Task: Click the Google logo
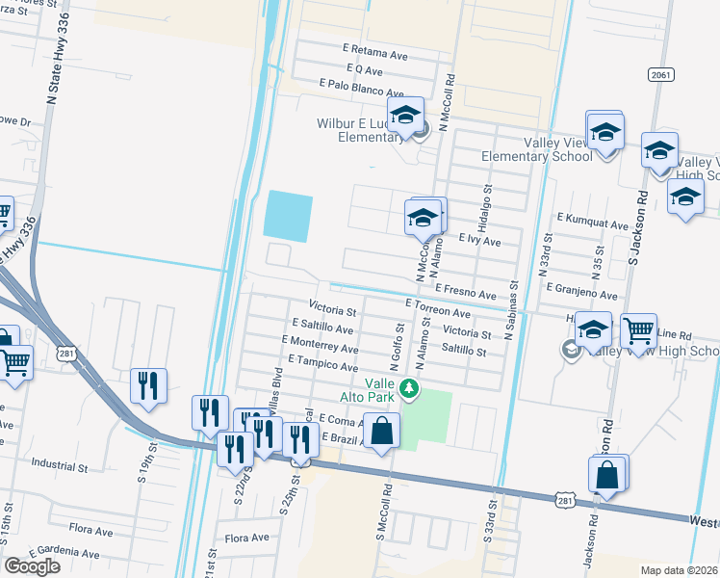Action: pos(32,566)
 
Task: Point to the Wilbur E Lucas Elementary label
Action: pos(358,130)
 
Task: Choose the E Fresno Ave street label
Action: pos(465,290)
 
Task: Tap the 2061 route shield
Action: pos(660,74)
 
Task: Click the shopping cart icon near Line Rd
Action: pos(638,331)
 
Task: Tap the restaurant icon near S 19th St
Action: pos(148,386)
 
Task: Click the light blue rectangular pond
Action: pos(288,216)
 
